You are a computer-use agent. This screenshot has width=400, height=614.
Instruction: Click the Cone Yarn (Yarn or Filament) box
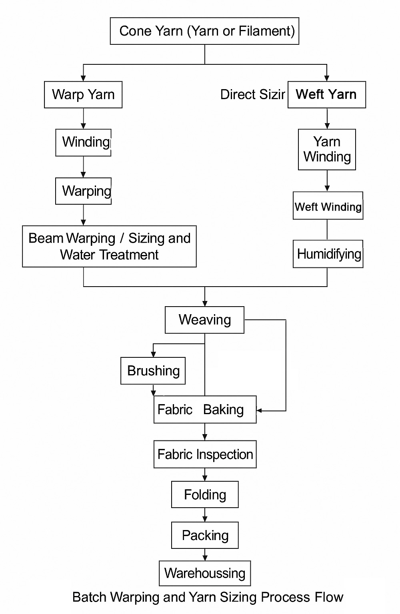coord(204,31)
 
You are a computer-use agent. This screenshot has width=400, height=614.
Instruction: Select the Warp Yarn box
coord(83,95)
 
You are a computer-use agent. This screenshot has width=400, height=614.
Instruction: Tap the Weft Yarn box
coord(326,95)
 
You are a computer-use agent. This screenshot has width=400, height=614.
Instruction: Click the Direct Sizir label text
coord(252,95)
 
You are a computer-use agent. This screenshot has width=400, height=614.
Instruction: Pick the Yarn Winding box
coord(327,150)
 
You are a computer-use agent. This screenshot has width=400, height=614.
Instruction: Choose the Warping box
coord(83,191)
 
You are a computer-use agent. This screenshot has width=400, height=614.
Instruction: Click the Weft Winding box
coord(328,206)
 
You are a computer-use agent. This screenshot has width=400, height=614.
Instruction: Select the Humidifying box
coord(328,254)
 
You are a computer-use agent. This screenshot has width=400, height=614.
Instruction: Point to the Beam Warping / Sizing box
coord(109,246)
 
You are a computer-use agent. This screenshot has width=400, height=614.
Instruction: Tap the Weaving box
coord(204,320)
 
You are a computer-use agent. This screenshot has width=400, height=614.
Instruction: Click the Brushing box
coord(153,371)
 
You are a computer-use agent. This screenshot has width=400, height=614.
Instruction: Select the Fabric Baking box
coord(205,410)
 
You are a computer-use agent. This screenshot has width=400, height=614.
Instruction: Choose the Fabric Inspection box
coord(205,455)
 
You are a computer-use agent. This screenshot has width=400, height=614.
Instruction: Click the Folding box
coord(205,495)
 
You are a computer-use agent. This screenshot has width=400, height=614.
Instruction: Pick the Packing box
coord(205,535)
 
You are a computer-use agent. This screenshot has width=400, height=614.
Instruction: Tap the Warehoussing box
coord(205,573)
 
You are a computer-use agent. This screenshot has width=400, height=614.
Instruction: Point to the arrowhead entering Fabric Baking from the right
coord(259,411)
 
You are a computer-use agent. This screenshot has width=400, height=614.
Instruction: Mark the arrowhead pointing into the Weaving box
coord(205,303)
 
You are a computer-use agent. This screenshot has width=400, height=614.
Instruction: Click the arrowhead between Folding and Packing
coord(205,518)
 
